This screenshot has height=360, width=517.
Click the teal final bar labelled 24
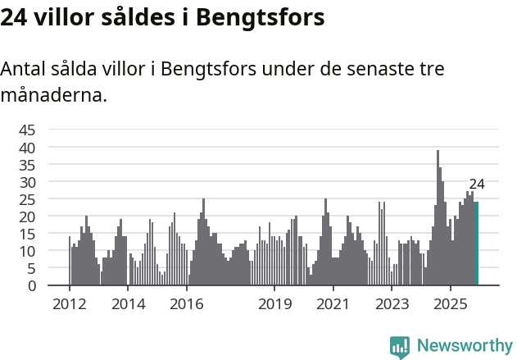coord(477,244)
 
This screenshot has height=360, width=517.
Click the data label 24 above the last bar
coord(477,184)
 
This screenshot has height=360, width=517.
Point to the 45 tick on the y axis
coord(27,130)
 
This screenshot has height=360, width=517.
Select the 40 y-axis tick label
coord(27,148)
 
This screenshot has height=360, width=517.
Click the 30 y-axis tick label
coord(27,182)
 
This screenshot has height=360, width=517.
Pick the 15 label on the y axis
coord(27,234)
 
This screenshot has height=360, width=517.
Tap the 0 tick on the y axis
coord(31,285)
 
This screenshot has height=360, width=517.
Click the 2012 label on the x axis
coord(69,304)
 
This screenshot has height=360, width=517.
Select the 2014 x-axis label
coord(128,304)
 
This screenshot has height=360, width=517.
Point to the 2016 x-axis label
coord(187,304)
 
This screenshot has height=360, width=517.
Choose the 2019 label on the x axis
coord(274,304)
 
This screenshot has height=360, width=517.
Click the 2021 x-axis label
coord(333,304)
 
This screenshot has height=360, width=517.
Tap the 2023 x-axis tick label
coord(392,304)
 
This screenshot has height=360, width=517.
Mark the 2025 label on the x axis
coord(450,304)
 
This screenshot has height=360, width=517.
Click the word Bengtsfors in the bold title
coord(260,17)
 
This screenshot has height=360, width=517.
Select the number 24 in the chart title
coord(14,17)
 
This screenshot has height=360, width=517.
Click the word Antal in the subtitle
coord(25,69)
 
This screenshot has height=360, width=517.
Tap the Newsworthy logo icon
coord(400,347)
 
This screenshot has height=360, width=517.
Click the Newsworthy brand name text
coord(464,347)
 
